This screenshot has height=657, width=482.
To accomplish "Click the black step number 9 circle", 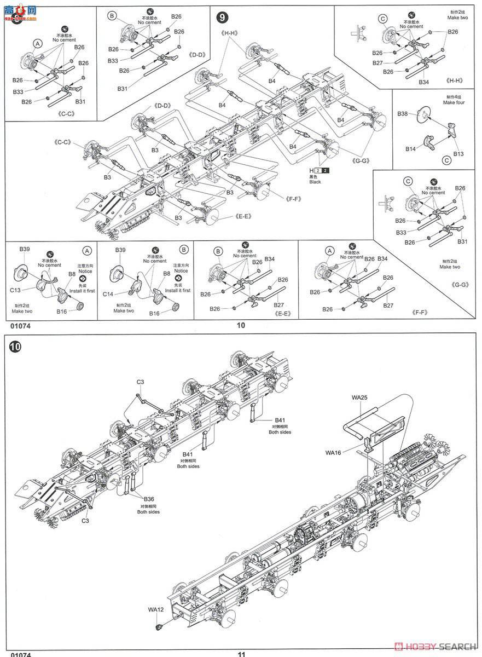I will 222,18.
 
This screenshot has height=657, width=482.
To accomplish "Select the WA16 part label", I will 333,453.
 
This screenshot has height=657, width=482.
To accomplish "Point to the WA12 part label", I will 156,609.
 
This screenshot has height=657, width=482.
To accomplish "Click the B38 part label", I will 403,114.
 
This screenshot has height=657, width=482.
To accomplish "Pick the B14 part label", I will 411,148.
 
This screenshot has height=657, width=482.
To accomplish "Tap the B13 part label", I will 458,154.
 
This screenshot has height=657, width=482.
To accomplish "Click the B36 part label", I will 149,499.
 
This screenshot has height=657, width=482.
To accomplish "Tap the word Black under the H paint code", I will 316,182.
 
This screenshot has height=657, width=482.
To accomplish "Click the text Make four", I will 454,102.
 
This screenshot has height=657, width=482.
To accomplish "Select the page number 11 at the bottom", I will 242,653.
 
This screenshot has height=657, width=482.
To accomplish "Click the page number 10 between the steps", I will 241,325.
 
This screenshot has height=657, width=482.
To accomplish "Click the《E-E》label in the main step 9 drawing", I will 243,216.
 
